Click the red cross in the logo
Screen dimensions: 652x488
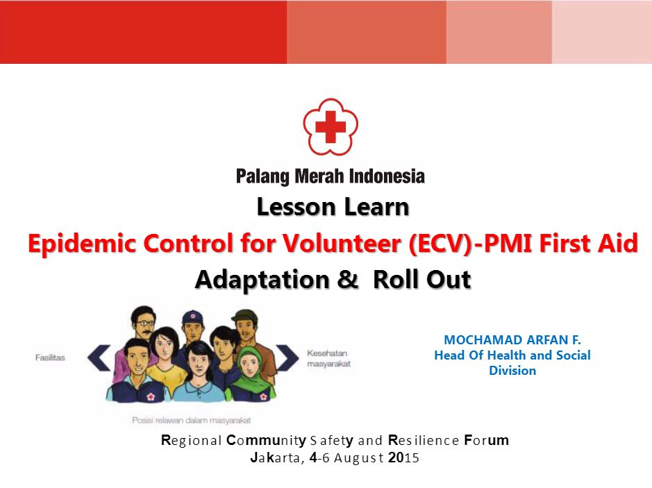[331, 126]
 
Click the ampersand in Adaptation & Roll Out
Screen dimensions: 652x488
[348, 278]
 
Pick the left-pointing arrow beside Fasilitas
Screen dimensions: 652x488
[99, 357]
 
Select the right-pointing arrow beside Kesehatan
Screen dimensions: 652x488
[287, 357]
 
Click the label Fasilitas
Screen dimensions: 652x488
[50, 357]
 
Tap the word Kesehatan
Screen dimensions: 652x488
[327, 353]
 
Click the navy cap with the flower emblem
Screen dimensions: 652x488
[193, 317]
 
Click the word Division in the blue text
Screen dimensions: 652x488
[512, 371]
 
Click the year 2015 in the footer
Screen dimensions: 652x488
[403, 457]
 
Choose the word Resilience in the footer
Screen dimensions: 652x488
[424, 440]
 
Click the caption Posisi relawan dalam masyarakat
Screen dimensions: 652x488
[191, 420]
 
